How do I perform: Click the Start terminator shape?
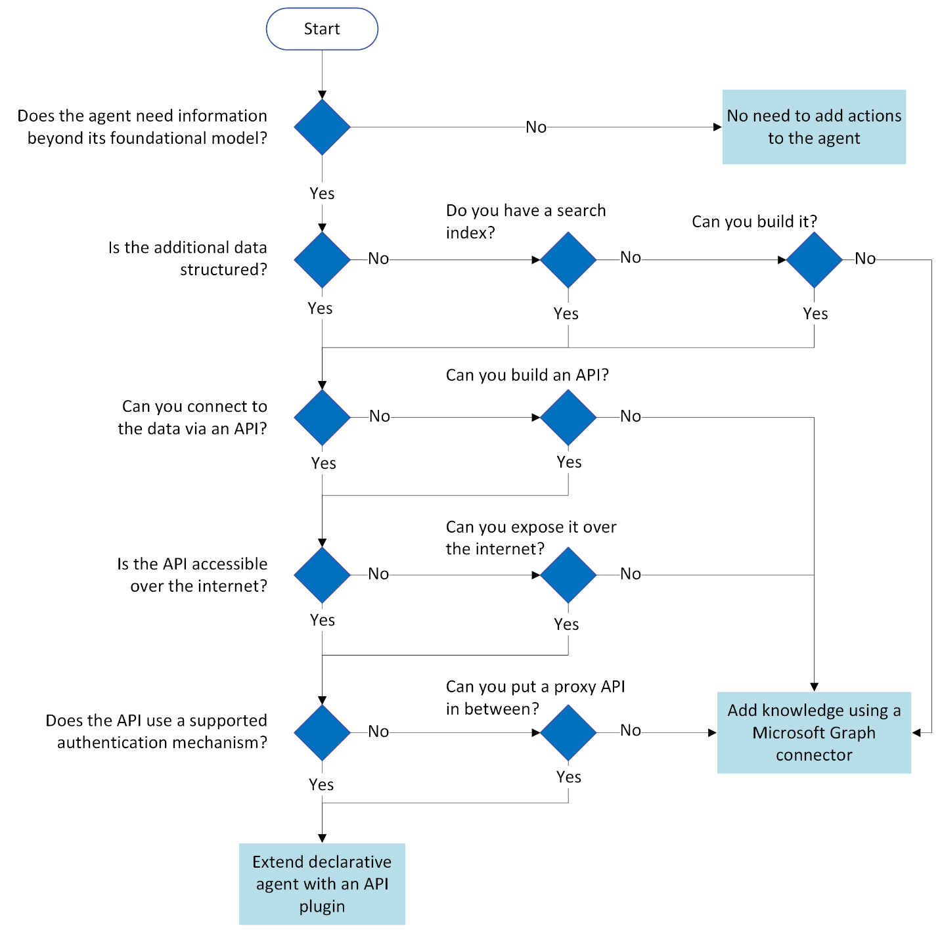tap(322, 29)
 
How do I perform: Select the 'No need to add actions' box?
tap(813, 127)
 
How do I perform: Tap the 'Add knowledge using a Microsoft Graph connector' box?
tap(813, 732)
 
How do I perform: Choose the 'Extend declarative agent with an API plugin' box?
tap(322, 883)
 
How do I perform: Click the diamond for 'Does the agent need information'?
tap(322, 127)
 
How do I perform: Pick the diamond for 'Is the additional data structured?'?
tap(322, 259)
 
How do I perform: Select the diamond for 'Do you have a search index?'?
tap(568, 259)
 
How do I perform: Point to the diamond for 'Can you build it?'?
tap(814, 259)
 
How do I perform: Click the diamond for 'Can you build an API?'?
tap(568, 417)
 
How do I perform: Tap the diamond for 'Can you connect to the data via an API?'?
tap(322, 417)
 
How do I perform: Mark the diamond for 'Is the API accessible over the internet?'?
tap(322, 575)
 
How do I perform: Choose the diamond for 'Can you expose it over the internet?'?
tap(568, 575)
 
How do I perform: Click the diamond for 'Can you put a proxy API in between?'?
tap(568, 732)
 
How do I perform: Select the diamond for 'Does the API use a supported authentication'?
tap(322, 732)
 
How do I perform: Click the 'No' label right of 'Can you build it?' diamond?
tap(865, 259)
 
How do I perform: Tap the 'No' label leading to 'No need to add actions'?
tap(536, 127)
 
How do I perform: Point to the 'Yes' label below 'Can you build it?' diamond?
tap(815, 314)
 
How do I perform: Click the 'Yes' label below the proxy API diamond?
tap(569, 777)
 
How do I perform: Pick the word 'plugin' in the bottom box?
tap(322, 906)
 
